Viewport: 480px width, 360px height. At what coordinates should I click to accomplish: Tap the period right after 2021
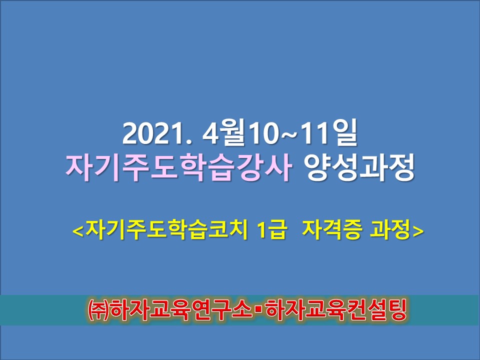pos(188,141)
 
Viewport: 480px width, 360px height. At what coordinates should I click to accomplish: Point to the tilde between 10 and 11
pos(289,134)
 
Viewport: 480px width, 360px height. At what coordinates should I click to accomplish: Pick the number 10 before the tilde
pos(263,134)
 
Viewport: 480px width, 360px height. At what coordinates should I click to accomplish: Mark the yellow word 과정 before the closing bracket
pos(390,229)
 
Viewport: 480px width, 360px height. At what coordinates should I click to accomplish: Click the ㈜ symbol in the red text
pos(98,310)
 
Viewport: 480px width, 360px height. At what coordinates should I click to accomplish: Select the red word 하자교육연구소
pos(181,310)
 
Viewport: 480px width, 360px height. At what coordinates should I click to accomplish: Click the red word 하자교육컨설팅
pos(336,310)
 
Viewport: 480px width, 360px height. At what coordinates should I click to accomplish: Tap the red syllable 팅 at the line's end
pos(396,310)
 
